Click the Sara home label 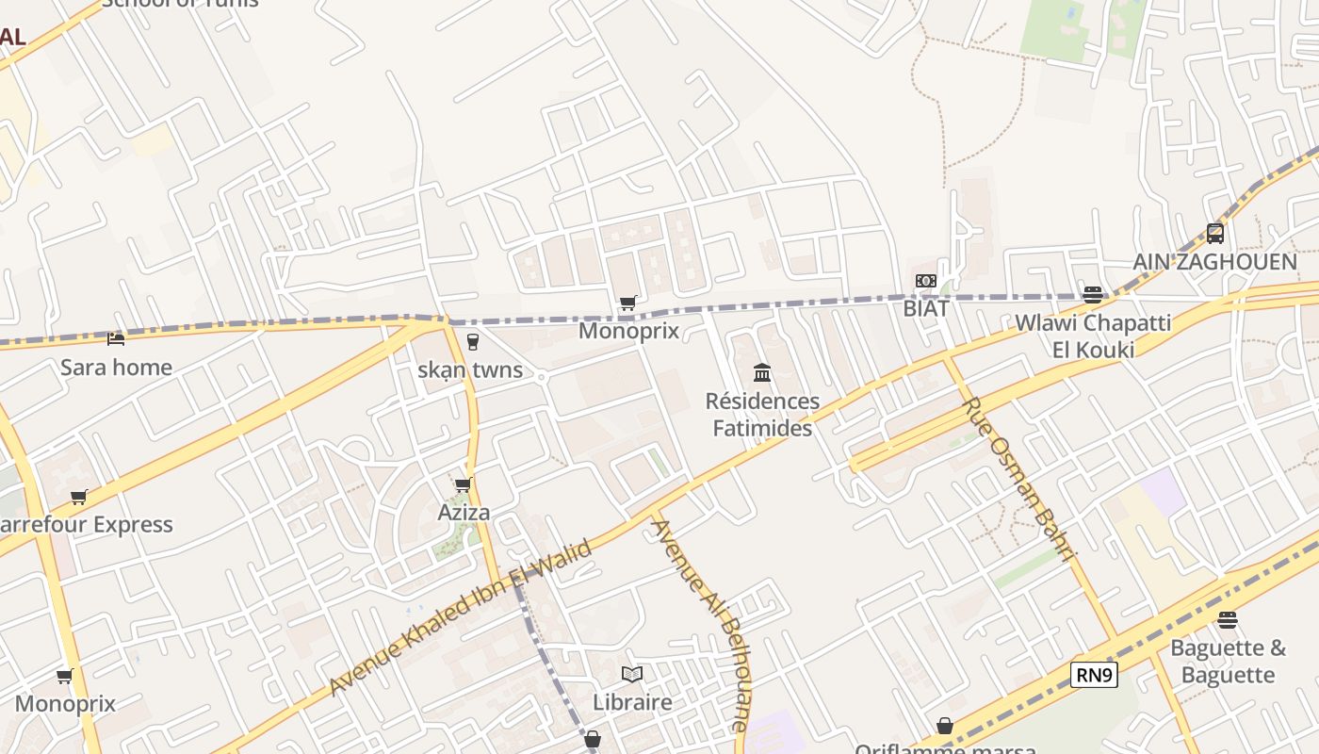pos(116,368)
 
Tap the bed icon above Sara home pos(116,338)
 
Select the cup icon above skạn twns pos(473,341)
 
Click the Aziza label pos(464,513)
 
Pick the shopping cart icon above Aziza pos(463,484)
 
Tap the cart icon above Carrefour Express pos(79,497)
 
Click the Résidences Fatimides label pos(762,415)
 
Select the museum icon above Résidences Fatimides pos(762,373)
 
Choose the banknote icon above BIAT pos(925,281)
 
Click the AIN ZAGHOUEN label pos(1214,262)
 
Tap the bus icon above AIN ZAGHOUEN pos(1215,233)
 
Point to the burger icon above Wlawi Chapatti pos(1093,295)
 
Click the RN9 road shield pos(1094,675)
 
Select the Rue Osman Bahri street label pos(1019,479)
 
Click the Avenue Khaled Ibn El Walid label pos(462,617)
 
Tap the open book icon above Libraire pos(632,674)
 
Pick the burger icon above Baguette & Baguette pos(1227,619)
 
